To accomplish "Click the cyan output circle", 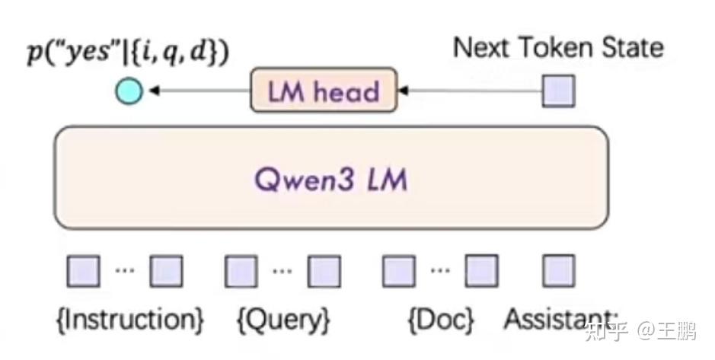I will click(129, 92).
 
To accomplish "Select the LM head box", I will click(324, 91).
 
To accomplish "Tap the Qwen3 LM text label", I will click(330, 180).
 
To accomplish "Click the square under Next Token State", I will click(558, 91).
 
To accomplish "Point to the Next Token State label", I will click(558, 48).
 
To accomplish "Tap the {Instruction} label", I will click(130, 320).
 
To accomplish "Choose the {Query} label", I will click(282, 320).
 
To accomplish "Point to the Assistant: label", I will click(562, 319).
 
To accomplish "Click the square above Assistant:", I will click(558, 271).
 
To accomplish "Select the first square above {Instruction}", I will click(83, 271).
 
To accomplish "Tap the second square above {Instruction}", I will click(166, 271).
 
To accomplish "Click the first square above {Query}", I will click(241, 271).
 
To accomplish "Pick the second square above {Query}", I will click(324, 271).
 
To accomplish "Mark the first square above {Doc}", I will click(399, 271).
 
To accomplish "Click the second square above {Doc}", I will click(482, 271).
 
